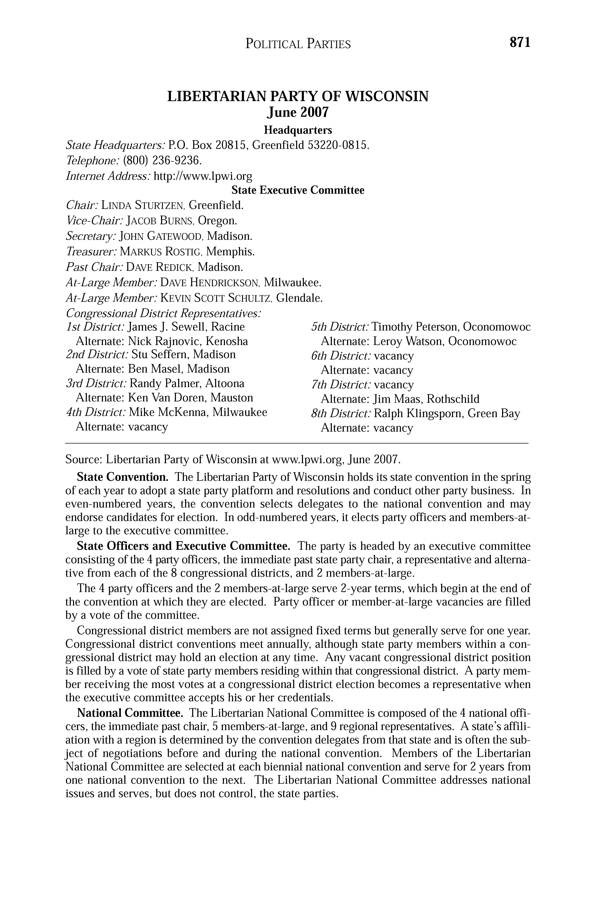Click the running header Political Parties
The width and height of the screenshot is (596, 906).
click(x=298, y=44)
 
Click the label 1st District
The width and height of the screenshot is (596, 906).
click(x=95, y=327)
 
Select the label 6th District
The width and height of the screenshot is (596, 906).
click(x=341, y=356)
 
